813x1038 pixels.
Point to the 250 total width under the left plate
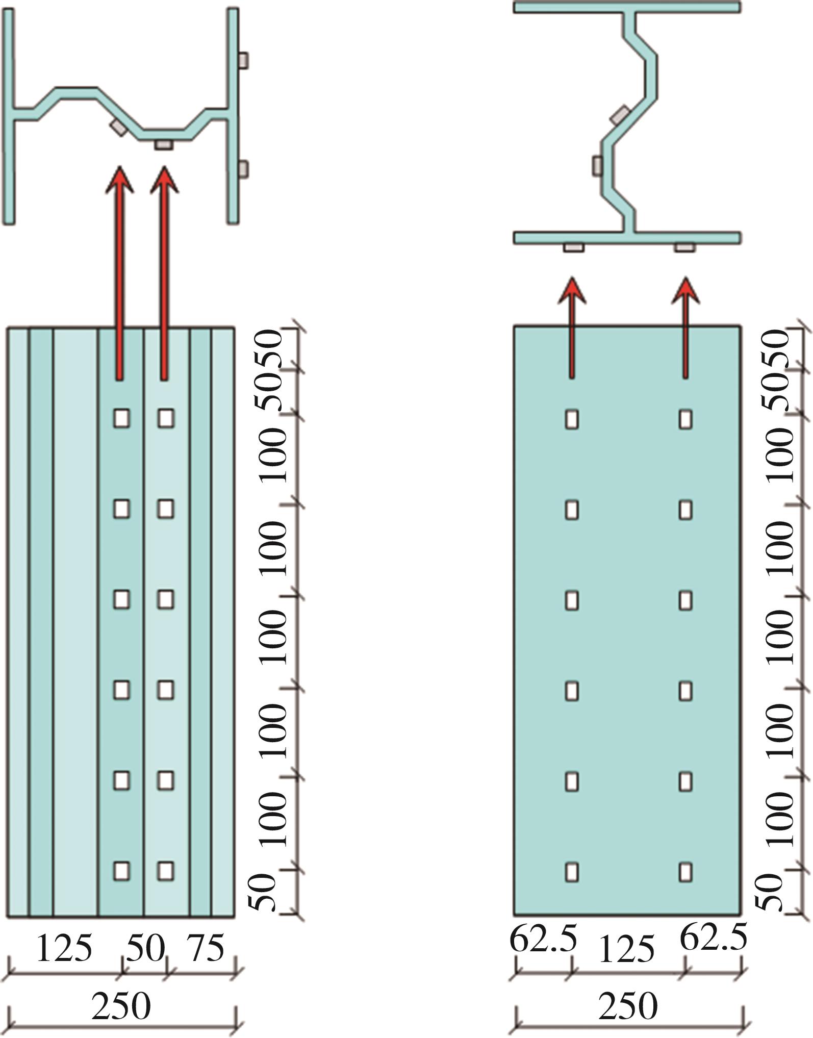coord(121,1006)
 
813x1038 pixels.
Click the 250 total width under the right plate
coord(627,1006)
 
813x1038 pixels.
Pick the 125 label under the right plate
coord(627,950)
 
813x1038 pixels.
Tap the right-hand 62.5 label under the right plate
coord(714,936)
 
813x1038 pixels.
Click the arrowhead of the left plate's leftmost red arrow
coord(120,180)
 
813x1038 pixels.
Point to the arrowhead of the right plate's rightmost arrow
coord(685,291)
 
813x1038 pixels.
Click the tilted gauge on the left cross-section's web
coord(118,128)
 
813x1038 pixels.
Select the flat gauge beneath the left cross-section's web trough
coord(164,145)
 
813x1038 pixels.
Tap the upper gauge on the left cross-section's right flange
coord(243,60)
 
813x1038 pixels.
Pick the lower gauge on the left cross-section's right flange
coord(243,168)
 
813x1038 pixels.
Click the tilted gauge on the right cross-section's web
coord(620,115)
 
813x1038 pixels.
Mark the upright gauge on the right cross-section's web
coord(597,166)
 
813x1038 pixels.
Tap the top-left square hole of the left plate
coord(121,418)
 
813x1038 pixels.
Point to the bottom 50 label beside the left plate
coord(263,892)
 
